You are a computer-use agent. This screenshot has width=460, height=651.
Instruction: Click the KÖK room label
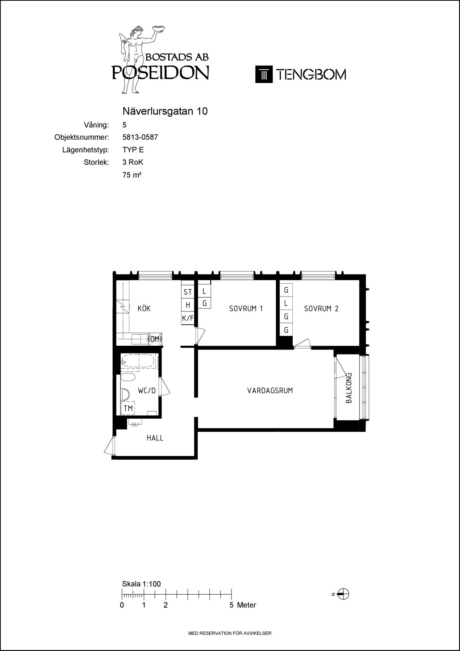[144, 308]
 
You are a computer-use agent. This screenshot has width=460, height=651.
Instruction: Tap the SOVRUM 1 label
[246, 309]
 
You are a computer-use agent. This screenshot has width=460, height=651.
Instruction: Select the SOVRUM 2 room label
[321, 309]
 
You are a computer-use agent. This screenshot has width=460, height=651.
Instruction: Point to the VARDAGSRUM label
[270, 390]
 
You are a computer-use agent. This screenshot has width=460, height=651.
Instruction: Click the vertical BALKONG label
[349, 388]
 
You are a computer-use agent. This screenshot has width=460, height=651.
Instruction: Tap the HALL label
[155, 438]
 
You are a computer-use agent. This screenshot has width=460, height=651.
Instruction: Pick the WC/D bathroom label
[147, 391]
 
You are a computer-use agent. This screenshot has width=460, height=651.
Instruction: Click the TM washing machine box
[128, 408]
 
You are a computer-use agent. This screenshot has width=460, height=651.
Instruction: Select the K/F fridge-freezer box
[188, 318]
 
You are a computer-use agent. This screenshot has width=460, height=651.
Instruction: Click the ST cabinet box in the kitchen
[188, 292]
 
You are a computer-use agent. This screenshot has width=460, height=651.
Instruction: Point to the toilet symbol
[128, 377]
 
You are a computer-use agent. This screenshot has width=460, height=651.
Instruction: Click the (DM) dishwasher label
[155, 339]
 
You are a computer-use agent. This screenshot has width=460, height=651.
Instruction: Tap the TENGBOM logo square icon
[264, 74]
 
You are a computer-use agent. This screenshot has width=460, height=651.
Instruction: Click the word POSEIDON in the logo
[160, 73]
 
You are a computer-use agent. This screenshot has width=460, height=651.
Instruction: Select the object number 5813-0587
[140, 137]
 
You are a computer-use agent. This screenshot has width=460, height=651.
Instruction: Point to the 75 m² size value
[132, 175]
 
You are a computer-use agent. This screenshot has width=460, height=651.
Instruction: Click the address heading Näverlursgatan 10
[165, 111]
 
